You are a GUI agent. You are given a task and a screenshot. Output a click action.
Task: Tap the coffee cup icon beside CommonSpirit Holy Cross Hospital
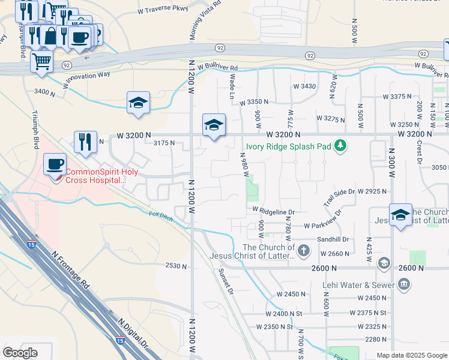[x=56, y=164]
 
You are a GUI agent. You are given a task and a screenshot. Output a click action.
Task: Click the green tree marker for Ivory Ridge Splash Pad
[x=340, y=145]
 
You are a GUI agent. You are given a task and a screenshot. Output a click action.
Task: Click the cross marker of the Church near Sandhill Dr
[x=304, y=250]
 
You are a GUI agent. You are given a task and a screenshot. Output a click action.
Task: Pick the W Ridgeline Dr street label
[x=273, y=211]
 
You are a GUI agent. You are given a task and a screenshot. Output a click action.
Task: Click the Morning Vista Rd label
[x=205, y=20]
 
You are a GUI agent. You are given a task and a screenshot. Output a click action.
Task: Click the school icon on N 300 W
[x=400, y=215]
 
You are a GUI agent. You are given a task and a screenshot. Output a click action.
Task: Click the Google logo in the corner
[x=20, y=352]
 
